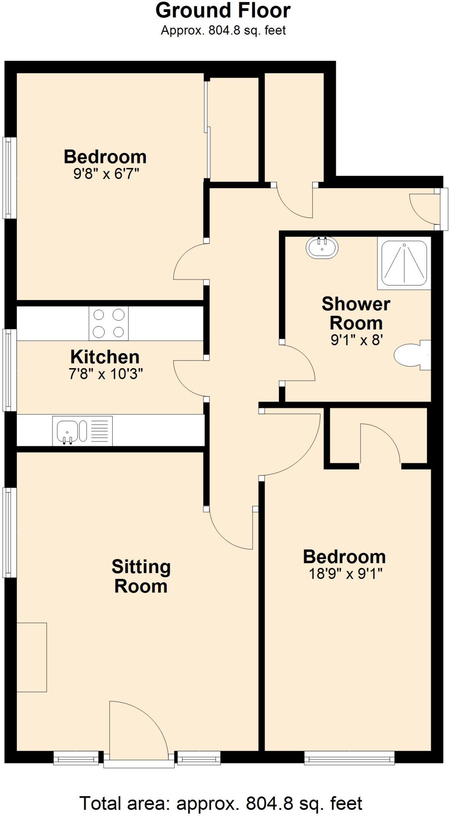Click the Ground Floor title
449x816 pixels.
pyautogui.click(x=223, y=11)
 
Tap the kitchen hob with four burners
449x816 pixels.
pyautogui.click(x=108, y=323)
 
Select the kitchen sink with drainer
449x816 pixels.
pyautogui.click(x=82, y=431)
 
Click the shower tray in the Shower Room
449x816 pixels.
pyautogui.click(x=404, y=263)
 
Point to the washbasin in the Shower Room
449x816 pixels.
pyautogui.click(x=322, y=247)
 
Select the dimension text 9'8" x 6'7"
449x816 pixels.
pyautogui.click(x=106, y=174)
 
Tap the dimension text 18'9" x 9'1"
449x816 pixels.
pyautogui.click(x=345, y=574)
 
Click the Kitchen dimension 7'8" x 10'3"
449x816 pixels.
pyautogui.click(x=106, y=374)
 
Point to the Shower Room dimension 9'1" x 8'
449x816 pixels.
pyautogui.click(x=357, y=340)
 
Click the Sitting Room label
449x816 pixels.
pyautogui.click(x=141, y=576)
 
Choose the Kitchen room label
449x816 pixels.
pyautogui.click(x=105, y=357)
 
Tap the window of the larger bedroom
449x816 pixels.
pyautogui.click(x=349, y=758)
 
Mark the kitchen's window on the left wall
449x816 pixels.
pyautogui.click(x=10, y=370)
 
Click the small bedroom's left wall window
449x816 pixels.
pyautogui.click(x=10, y=178)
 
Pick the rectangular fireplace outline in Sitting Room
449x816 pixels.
pyautogui.click(x=31, y=657)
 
